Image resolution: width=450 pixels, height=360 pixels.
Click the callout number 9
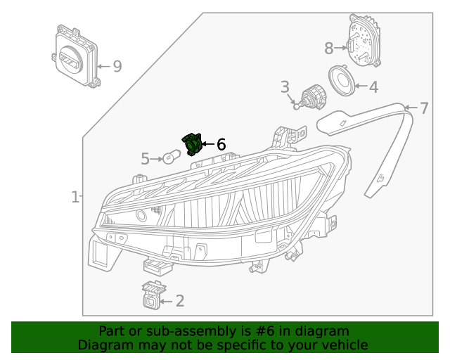(117, 66)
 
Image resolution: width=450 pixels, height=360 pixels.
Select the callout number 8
(329, 49)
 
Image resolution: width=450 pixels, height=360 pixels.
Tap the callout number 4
(373, 87)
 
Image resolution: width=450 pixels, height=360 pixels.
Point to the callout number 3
(285, 87)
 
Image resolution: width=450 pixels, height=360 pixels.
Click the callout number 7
(424, 108)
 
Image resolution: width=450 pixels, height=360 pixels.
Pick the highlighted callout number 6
(221, 144)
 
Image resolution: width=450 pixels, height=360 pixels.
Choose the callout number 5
(145, 159)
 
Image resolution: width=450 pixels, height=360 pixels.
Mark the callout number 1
(75, 198)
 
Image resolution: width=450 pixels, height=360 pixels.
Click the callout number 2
(180, 301)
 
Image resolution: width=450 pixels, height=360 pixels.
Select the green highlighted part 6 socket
(192, 143)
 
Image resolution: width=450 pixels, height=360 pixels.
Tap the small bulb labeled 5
(172, 157)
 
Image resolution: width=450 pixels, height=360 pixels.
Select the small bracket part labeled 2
(151, 295)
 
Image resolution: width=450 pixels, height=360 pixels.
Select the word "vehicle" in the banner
(343, 345)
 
